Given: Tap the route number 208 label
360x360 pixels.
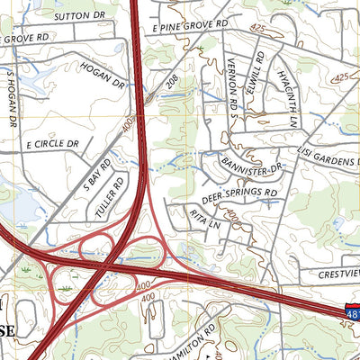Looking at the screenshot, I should pyautogui.click(x=171, y=83).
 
